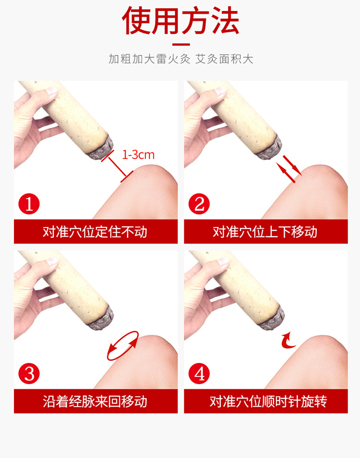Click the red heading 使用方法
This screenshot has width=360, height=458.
pyautogui.click(x=181, y=21)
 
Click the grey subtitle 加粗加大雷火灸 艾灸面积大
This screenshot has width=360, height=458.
pyautogui.click(x=181, y=59)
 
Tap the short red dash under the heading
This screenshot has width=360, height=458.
pyautogui.click(x=181, y=44)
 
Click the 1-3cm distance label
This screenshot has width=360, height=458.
pyautogui.click(x=138, y=155)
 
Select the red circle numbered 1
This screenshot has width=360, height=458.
pyautogui.click(x=29, y=204)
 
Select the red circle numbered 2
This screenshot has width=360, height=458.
pyautogui.click(x=199, y=204)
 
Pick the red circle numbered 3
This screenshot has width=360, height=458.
pyautogui.click(x=29, y=374)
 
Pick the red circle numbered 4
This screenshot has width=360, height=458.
pyautogui.click(x=199, y=374)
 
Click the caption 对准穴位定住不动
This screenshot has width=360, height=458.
pyautogui.click(x=95, y=232)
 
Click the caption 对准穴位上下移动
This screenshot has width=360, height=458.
pyautogui.click(x=265, y=232)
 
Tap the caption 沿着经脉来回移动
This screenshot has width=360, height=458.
pyautogui.click(x=95, y=401)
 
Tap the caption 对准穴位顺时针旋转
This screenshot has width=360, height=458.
pyautogui.click(x=268, y=401)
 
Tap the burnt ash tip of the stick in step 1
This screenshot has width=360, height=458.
pyautogui.click(x=101, y=148)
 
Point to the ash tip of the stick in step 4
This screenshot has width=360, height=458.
pyautogui.click(x=272, y=318)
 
